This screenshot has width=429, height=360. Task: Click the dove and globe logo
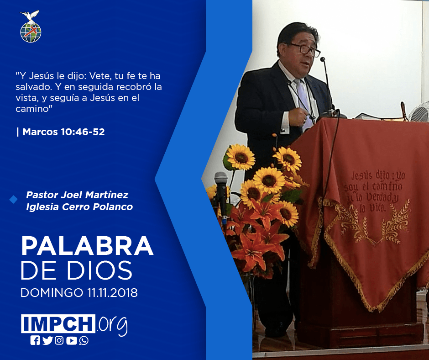click(31, 26)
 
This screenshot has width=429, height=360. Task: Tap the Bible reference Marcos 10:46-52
click(63, 132)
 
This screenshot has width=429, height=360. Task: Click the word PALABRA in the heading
click(87, 246)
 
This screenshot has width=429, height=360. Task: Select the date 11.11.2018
click(112, 292)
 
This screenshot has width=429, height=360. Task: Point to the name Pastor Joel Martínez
click(77, 195)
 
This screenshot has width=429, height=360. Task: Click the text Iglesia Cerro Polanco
click(79, 206)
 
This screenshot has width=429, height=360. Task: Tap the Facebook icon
click(35, 340)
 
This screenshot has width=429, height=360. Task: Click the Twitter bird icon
click(47, 340)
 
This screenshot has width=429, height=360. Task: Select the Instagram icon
click(59, 340)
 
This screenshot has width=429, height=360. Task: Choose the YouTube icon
click(71, 340)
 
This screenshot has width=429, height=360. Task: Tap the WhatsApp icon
click(84, 340)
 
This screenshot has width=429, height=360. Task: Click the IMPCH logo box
click(58, 323)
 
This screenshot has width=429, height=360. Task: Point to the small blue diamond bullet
click(13, 200)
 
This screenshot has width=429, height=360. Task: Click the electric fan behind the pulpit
click(419, 112)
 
